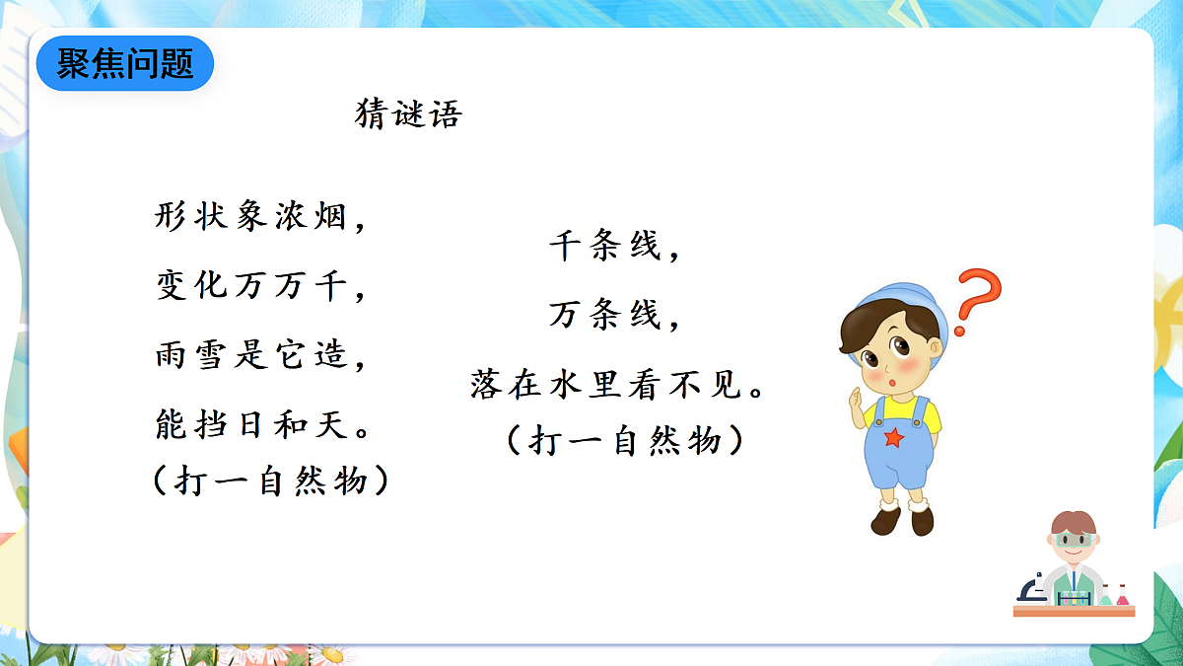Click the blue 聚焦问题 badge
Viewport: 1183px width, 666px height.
(x=124, y=64)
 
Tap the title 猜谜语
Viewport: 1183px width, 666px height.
(x=408, y=115)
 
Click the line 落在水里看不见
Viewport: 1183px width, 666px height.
(x=617, y=385)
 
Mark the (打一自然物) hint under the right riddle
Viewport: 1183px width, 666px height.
(x=624, y=440)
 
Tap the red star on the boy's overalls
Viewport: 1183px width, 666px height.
(x=893, y=436)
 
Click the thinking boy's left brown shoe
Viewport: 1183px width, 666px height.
(x=885, y=519)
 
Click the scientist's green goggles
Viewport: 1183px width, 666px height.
(x=1072, y=540)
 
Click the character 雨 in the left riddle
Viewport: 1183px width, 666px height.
(x=170, y=355)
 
